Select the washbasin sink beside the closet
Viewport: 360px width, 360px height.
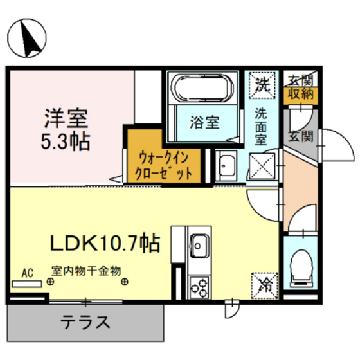click(226, 167)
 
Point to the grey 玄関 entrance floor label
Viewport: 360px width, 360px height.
click(300, 137)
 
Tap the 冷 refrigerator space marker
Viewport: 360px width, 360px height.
click(263, 282)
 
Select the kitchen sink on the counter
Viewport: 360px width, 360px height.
click(199, 244)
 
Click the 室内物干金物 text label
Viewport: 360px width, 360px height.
click(86, 271)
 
